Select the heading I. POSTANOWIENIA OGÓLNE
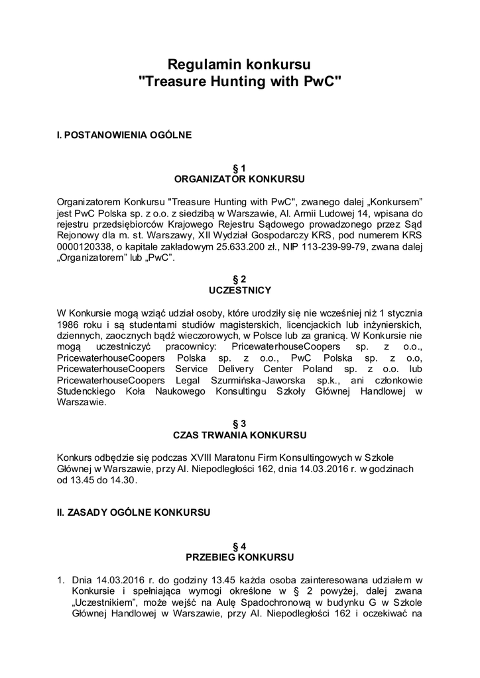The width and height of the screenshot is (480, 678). coord(125,135)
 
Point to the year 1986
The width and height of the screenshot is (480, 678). coord(70,324)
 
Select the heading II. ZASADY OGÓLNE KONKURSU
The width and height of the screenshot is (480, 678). coord(134,512)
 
